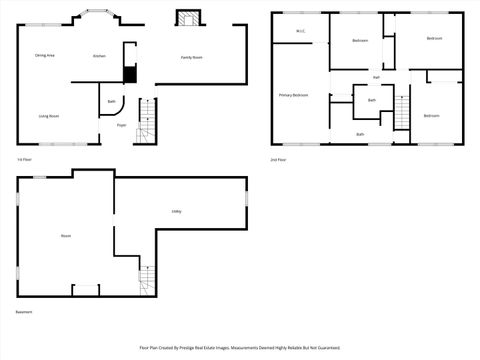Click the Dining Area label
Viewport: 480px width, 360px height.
(x=44, y=55)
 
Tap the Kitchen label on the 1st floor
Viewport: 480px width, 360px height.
(x=99, y=56)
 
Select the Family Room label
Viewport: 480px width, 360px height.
(x=191, y=57)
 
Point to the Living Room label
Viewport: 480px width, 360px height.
(x=49, y=117)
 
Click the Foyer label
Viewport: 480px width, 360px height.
(x=121, y=125)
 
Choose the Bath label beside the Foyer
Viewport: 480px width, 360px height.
(x=111, y=101)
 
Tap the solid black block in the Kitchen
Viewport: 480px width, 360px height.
(x=128, y=74)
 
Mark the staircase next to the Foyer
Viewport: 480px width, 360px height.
(x=146, y=120)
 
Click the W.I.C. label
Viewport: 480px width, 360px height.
(x=300, y=32)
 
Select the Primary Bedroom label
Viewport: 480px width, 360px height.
(x=293, y=95)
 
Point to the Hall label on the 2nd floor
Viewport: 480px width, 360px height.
(x=376, y=77)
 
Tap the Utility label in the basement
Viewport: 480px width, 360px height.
(x=175, y=211)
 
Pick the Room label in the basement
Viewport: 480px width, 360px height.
(x=66, y=236)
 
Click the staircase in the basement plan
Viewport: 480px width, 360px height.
(x=147, y=275)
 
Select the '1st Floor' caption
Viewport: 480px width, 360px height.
(x=24, y=159)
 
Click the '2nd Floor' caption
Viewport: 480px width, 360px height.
(x=279, y=159)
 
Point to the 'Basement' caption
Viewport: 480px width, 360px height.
(x=23, y=313)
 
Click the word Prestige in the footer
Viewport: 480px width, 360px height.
(x=206, y=348)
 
